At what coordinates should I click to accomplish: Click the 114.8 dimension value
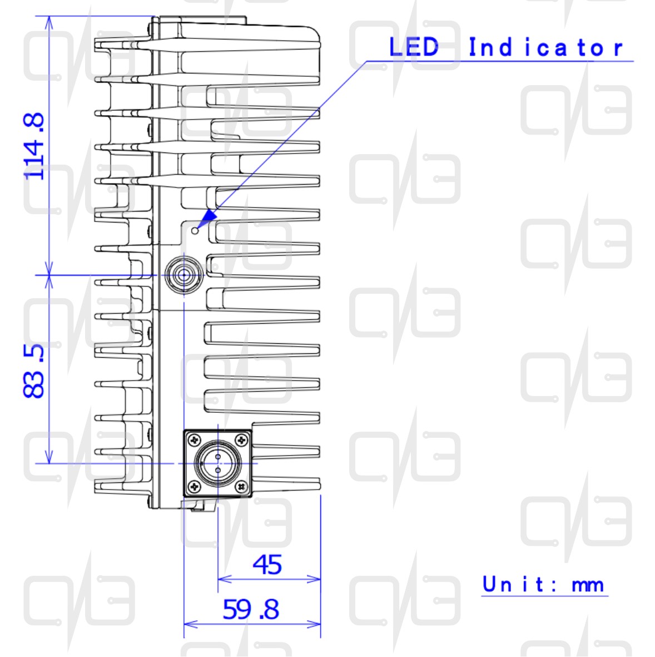33,146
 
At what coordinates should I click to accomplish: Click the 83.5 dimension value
33,371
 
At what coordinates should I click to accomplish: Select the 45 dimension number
267,565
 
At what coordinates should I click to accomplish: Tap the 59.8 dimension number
251,609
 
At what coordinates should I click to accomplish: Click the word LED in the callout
414,47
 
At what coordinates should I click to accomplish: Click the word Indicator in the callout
545,47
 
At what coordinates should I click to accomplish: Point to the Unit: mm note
543,584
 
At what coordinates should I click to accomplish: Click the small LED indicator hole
195,231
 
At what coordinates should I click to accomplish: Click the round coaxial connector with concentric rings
184,275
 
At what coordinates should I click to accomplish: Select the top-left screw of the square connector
194,440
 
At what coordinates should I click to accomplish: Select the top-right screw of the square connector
241,440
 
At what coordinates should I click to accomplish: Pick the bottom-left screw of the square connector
194,487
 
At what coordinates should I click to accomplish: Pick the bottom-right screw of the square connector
241,487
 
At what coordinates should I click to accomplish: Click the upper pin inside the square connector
218,457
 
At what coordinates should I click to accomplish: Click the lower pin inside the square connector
218,471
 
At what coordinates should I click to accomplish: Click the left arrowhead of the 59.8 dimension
191,624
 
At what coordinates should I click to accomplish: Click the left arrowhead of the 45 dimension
225,579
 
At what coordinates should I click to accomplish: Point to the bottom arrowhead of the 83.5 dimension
49,457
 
